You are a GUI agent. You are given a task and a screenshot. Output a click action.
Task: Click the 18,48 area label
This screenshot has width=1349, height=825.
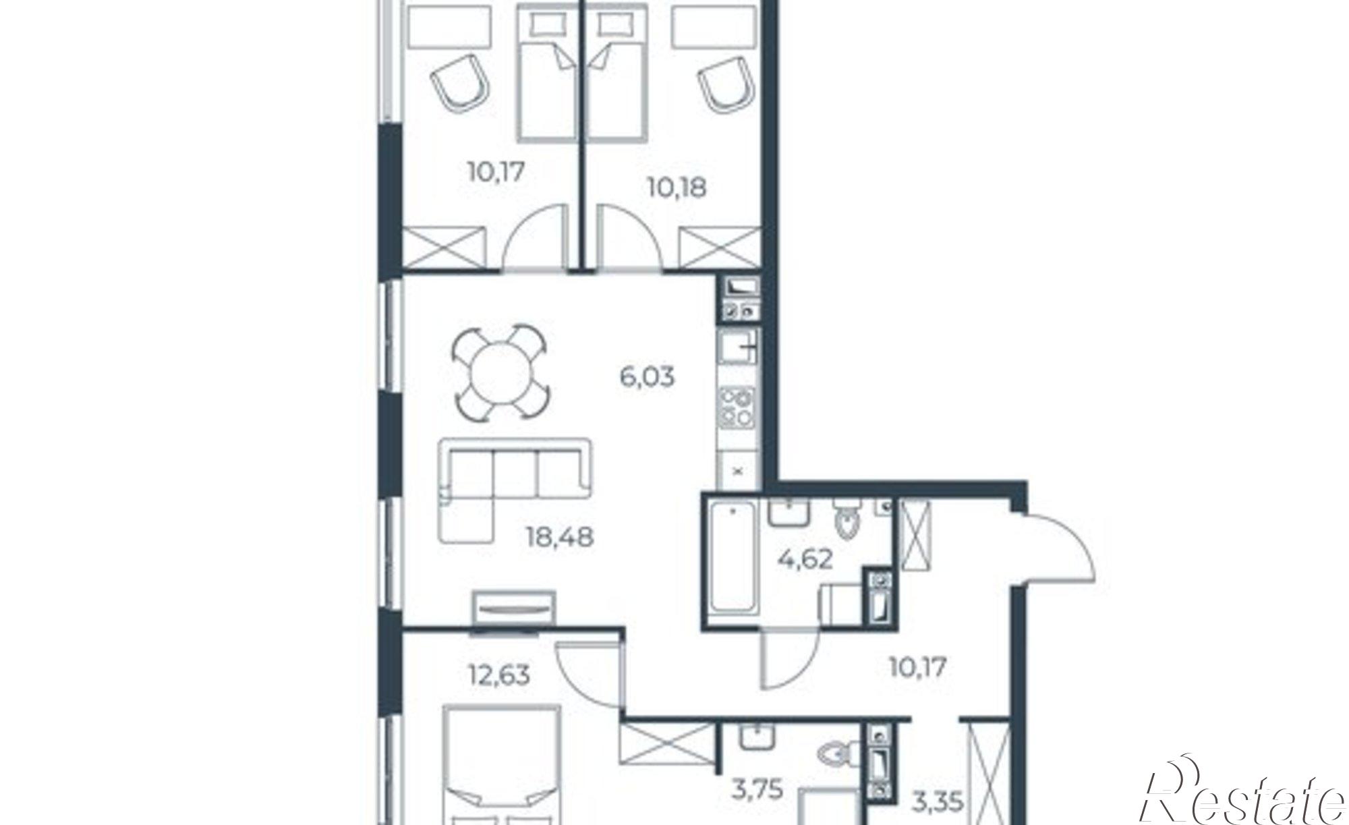click(559, 538)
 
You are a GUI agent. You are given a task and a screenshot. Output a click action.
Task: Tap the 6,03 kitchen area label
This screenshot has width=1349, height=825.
click(647, 376)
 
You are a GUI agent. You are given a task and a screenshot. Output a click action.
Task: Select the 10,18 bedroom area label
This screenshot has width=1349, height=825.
click(677, 188)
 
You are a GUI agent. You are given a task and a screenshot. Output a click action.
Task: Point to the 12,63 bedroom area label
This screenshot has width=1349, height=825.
click(498, 674)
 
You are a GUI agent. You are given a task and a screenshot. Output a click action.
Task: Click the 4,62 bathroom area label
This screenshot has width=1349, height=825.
click(805, 559)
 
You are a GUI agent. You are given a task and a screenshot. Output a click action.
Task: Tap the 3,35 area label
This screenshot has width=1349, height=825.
click(936, 803)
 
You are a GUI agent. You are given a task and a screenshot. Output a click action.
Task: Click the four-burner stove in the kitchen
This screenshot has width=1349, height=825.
click(737, 407)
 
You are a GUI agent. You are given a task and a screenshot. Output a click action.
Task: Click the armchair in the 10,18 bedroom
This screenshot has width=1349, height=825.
click(724, 89)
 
